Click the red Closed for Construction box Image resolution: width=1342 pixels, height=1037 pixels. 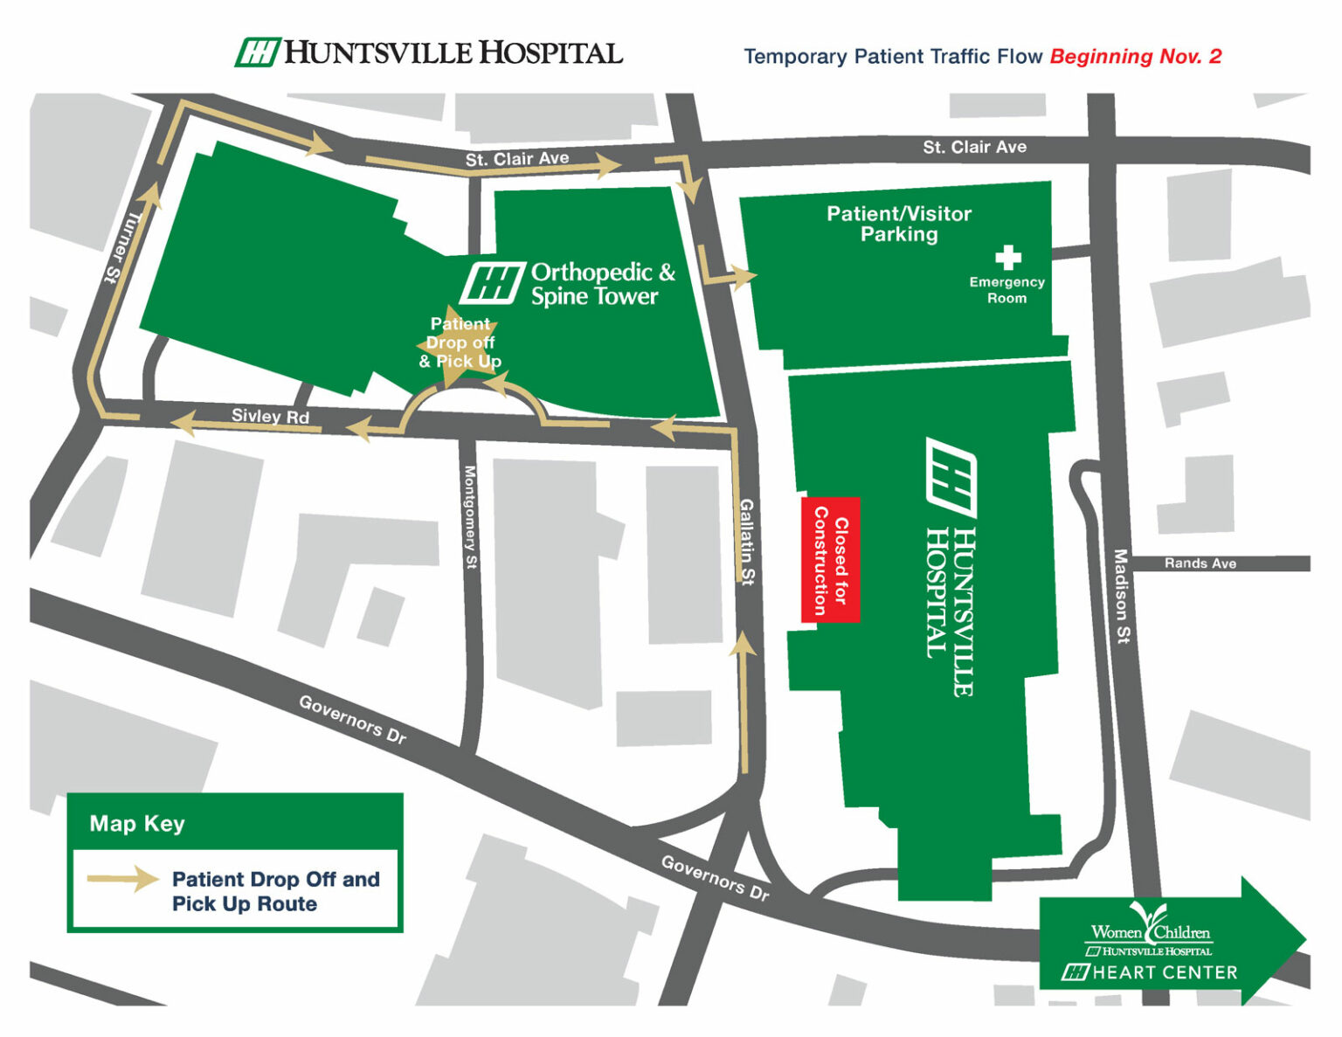(830, 560)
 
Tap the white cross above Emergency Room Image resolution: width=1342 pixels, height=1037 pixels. (1007, 257)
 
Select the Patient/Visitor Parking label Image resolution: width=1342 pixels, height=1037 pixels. (899, 224)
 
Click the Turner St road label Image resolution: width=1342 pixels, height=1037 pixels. (123, 247)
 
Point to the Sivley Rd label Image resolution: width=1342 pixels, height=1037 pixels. (270, 416)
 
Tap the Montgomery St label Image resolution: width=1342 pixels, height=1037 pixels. (470, 517)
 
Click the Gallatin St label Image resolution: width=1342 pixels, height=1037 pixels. (747, 541)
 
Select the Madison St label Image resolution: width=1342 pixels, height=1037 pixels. (1121, 597)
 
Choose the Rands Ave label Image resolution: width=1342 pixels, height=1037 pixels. (1200, 563)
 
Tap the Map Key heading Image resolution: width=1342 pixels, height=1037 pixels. (137, 823)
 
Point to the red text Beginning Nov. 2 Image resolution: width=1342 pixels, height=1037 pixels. (1135, 57)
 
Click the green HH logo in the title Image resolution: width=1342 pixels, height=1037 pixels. (257, 52)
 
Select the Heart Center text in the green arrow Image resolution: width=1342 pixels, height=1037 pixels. (1164, 972)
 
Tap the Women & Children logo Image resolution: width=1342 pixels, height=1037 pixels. (1150, 930)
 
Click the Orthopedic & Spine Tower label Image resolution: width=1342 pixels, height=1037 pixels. (603, 284)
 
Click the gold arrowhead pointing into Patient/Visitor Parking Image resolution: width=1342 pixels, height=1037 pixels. (744, 278)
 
